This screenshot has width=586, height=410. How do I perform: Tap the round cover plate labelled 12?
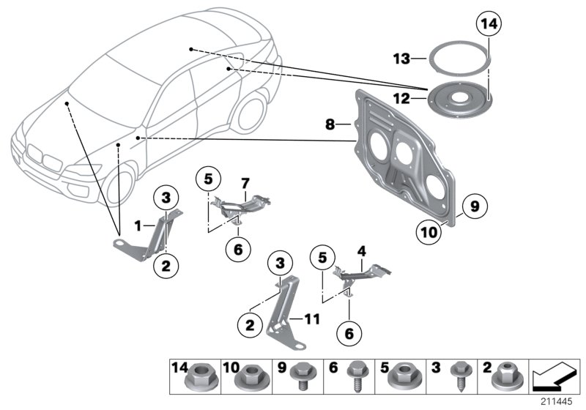[x=462, y=94]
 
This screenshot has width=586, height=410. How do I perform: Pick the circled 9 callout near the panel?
[x=474, y=207]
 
